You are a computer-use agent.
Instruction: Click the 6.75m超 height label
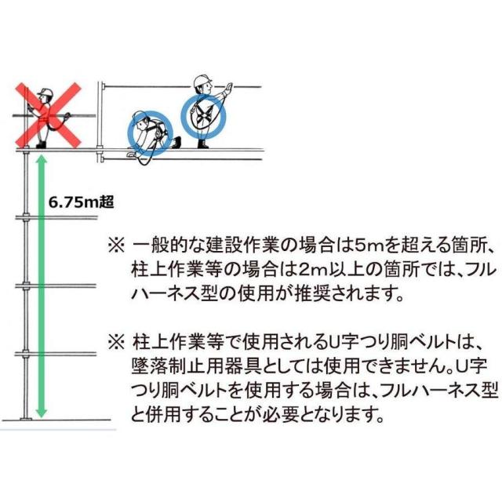(81, 202)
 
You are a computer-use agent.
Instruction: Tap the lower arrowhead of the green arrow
(42, 413)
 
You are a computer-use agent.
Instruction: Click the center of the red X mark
(49, 115)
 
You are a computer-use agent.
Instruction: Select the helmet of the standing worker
(202, 80)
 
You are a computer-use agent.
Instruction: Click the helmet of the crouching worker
(140, 116)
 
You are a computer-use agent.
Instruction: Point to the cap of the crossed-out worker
(45, 93)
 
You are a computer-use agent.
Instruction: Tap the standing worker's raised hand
(228, 87)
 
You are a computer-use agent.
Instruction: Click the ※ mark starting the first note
(115, 246)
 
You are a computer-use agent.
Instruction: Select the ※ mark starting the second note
(115, 342)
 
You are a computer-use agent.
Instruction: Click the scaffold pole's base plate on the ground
(26, 419)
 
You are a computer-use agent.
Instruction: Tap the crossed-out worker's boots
(42, 144)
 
